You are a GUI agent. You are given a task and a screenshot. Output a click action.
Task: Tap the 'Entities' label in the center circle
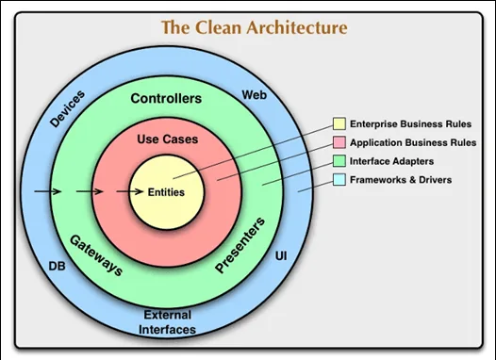pos(166,192)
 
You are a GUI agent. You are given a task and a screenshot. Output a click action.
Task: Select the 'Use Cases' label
pos(166,139)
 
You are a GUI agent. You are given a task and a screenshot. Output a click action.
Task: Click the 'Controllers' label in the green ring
pos(166,98)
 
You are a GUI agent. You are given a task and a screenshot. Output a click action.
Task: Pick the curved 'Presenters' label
pos(240,246)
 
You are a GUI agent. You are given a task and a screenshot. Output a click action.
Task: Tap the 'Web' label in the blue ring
pos(254,96)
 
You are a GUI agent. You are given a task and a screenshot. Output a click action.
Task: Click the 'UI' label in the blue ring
pos(280,256)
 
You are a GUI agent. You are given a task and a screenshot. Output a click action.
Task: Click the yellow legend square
pos(339,124)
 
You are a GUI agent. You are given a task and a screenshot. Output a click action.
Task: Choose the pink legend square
pos(339,142)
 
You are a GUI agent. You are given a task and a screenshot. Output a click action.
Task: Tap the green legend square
pos(339,160)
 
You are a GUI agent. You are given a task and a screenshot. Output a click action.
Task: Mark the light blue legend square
pos(339,179)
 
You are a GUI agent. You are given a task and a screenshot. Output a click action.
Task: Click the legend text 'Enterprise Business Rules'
pos(411,124)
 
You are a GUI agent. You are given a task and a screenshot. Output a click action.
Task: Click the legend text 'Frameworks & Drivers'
pos(401,179)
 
